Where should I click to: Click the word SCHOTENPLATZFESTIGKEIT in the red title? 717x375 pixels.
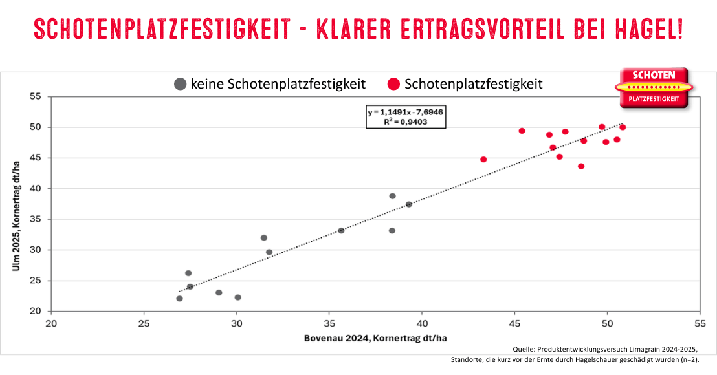(161, 28)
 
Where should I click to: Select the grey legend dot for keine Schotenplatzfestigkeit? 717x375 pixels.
(181, 84)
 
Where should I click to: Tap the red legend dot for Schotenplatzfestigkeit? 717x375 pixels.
(393, 84)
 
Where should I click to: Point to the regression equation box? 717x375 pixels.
(406, 116)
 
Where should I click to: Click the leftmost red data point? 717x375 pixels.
(483, 159)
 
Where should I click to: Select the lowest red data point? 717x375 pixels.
(581, 166)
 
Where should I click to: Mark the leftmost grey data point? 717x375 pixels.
(179, 298)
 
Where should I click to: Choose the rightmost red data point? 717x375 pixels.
(623, 127)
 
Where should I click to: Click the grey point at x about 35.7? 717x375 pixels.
(341, 230)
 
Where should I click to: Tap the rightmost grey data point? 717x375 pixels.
(409, 204)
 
